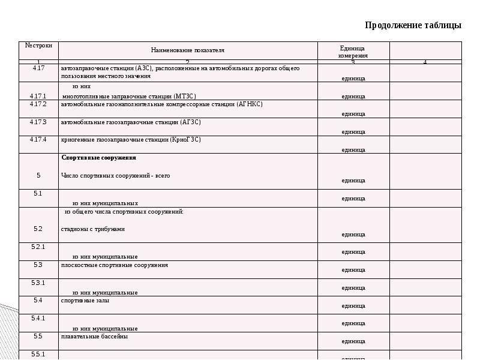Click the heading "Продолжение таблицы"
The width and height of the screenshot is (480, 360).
[x=413, y=25]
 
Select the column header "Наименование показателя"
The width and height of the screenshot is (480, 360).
[x=187, y=51]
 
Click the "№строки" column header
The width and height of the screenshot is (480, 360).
[x=38, y=46]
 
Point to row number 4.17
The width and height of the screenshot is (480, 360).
[x=38, y=68]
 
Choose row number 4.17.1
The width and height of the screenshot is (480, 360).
[x=38, y=96]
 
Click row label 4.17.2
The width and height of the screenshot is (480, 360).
[x=38, y=104]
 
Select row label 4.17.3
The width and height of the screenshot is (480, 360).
[x=38, y=122]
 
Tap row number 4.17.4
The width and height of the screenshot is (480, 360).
[x=38, y=140]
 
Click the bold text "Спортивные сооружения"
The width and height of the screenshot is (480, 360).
[x=99, y=158]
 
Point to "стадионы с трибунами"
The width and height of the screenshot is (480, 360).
[x=93, y=229]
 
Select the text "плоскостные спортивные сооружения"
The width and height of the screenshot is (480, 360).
[x=115, y=265]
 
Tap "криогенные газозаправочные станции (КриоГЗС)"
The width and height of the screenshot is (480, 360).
[x=131, y=140]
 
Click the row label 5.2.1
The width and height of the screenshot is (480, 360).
[x=38, y=247]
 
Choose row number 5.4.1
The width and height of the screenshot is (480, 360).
[x=38, y=318]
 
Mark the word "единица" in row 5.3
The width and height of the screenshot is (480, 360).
[x=353, y=270]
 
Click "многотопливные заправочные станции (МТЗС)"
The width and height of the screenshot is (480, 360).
[x=129, y=96]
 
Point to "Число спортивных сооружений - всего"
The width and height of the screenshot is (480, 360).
[x=116, y=176]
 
